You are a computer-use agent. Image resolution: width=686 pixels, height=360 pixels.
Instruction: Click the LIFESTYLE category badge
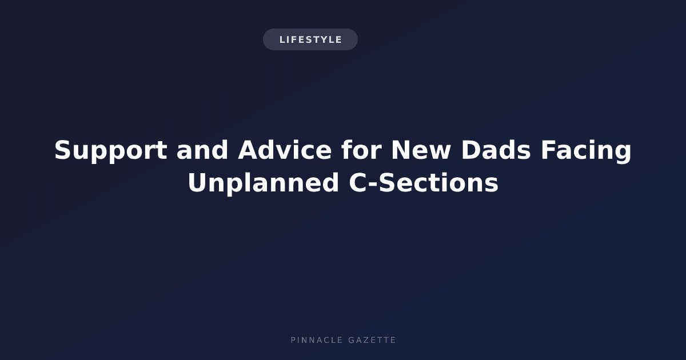(310, 39)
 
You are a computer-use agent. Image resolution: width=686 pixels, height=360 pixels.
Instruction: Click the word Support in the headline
(110, 151)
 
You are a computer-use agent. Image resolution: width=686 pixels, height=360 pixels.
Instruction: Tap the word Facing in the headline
(586, 151)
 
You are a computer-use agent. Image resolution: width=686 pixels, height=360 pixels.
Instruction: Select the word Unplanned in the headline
(264, 183)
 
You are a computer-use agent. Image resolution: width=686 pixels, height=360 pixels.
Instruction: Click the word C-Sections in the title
(424, 182)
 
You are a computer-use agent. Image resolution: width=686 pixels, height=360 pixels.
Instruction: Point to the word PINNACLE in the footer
(317, 340)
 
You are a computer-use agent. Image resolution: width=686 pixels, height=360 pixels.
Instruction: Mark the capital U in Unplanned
(198, 183)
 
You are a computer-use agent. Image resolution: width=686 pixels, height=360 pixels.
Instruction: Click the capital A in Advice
(248, 150)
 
